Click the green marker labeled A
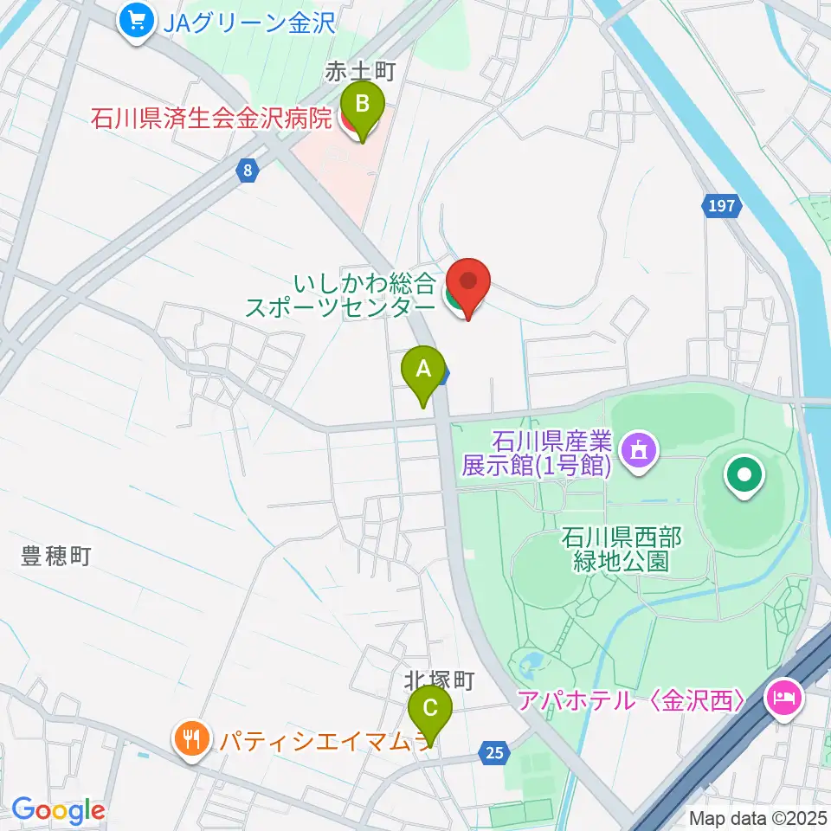point(423,370)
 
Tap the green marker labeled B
point(364,106)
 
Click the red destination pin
point(468,283)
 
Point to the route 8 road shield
point(248,171)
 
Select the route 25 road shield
point(493,753)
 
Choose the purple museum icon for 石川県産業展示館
point(639,449)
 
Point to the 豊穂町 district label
point(56,557)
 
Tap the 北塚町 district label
point(440,680)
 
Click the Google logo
point(58,810)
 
